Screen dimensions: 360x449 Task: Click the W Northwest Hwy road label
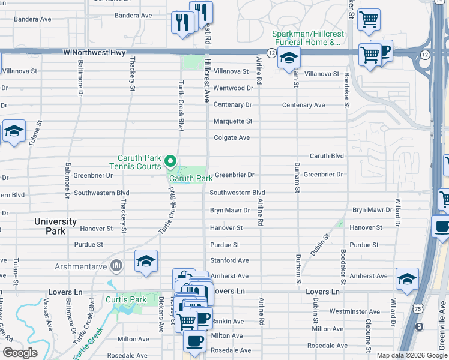[94, 53]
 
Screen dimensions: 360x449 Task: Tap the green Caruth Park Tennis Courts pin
[170, 161]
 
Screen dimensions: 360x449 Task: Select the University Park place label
[55, 226]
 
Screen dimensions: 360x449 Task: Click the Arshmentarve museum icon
[117, 265]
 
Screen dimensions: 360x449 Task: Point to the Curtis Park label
[126, 299]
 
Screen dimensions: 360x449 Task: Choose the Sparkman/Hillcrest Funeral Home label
[306, 38]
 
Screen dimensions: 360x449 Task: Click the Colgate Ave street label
[232, 137]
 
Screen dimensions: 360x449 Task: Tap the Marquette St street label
[233, 121]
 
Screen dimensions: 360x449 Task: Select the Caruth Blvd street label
[327, 156]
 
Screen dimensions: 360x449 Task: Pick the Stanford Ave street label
[229, 260]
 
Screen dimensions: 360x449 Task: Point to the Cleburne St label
[369, 333]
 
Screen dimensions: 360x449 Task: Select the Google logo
[20, 353]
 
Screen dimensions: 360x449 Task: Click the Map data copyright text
[411, 355]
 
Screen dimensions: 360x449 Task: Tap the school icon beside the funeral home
[289, 59]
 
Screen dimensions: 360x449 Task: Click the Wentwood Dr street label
[234, 88]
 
